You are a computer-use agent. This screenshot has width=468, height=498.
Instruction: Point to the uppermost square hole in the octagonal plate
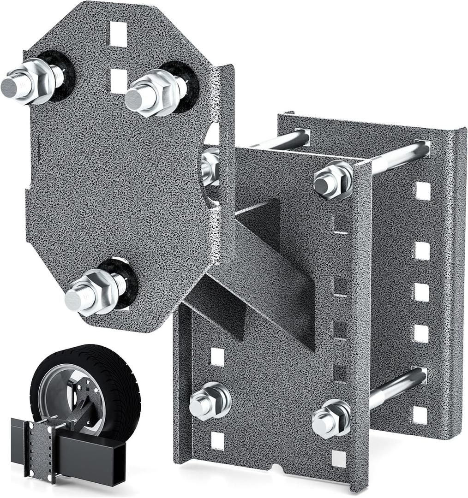click(118, 34)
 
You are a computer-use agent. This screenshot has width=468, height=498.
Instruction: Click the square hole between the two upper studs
click(119, 80)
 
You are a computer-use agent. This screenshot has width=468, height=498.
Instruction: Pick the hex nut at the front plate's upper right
click(332, 180)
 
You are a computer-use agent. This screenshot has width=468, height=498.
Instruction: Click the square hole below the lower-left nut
click(217, 441)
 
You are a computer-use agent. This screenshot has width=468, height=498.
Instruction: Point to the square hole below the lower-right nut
click(339, 458)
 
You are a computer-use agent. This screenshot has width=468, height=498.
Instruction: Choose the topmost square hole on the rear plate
click(422, 190)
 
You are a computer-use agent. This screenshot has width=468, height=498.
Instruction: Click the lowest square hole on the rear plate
click(420, 415)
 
